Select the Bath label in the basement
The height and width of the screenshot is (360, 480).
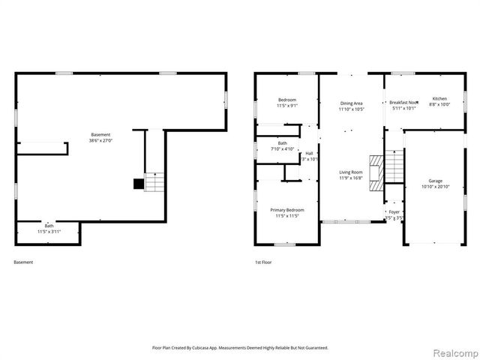click(x=49, y=226)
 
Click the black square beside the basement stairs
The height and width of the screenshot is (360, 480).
click(x=138, y=183)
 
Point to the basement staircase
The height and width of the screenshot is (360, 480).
click(x=154, y=182)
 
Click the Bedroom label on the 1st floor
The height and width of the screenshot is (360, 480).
click(x=287, y=100)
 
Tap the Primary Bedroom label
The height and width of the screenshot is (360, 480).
click(x=287, y=210)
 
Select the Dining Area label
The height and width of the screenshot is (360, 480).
click(x=351, y=103)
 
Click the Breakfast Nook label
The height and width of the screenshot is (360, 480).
click(x=403, y=103)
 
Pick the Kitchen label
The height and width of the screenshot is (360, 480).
click(x=439, y=99)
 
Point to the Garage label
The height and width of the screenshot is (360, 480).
click(x=435, y=181)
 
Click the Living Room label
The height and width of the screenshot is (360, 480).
click(x=351, y=172)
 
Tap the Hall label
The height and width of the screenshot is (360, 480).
click(x=309, y=153)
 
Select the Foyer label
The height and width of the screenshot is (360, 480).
click(x=394, y=212)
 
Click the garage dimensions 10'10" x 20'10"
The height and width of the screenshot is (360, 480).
click(x=435, y=186)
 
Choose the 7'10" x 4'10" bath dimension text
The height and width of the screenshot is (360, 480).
click(x=283, y=148)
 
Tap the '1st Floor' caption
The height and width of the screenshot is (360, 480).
click(x=264, y=262)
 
